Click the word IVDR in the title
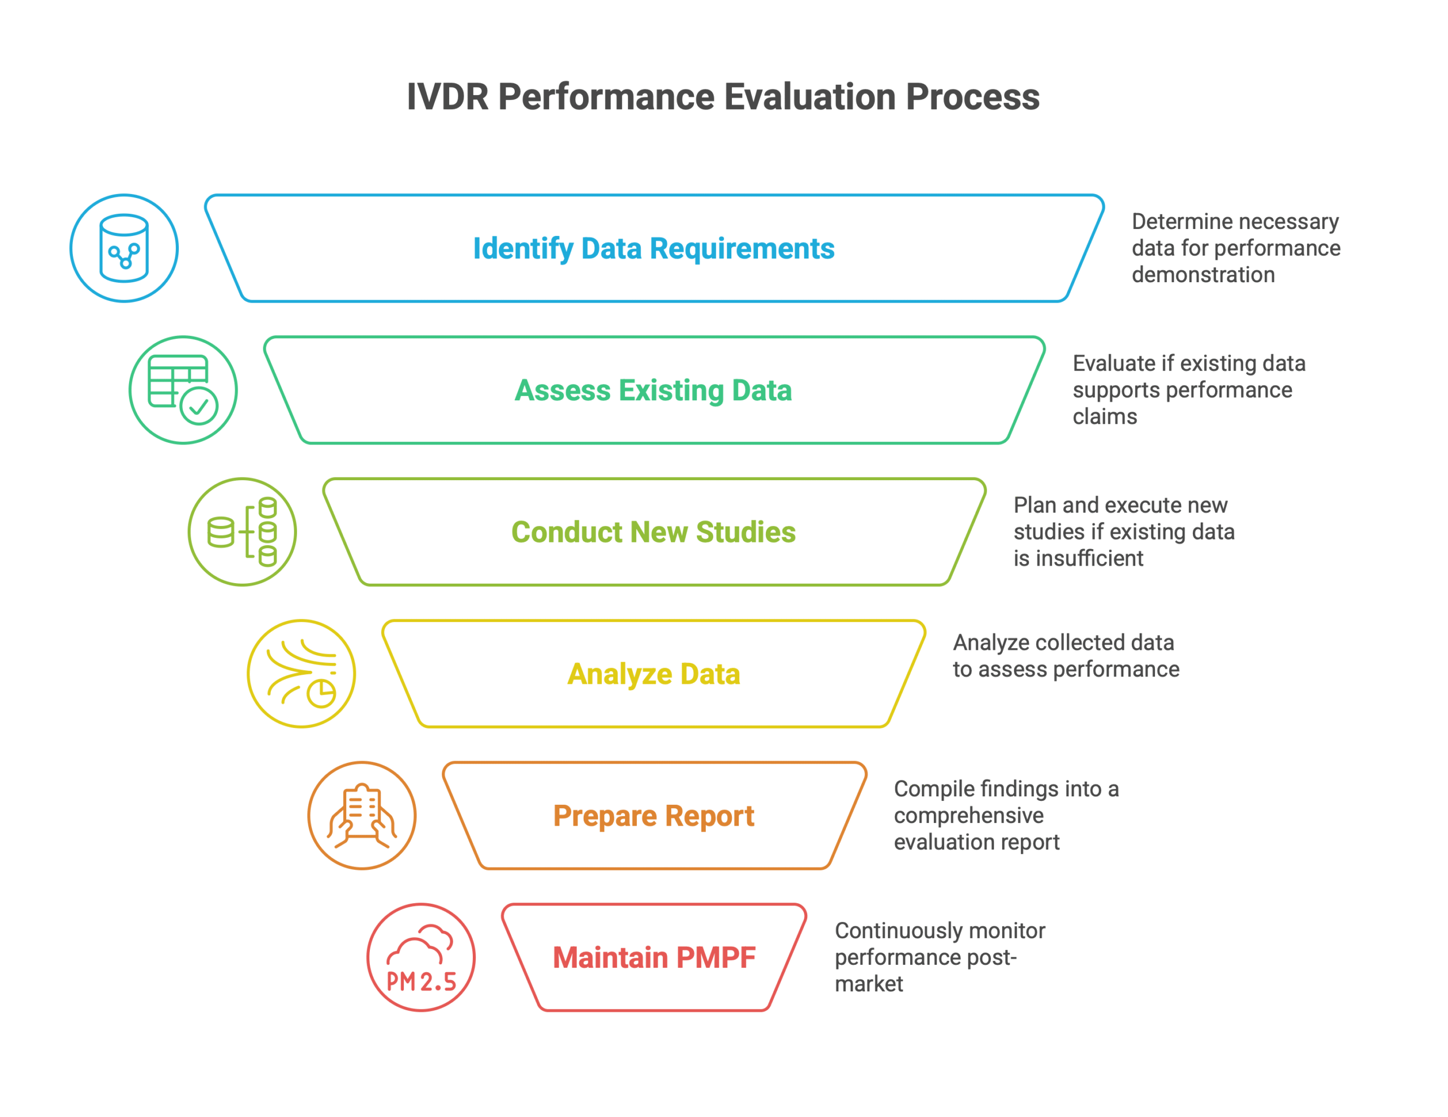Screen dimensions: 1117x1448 tap(447, 97)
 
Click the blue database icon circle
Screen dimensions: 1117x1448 tap(124, 248)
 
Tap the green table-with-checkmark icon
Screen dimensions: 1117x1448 tap(183, 390)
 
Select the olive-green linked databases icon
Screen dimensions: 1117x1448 tap(242, 532)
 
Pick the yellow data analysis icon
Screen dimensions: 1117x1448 tap(301, 674)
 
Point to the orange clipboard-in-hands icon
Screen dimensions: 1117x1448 tap(362, 816)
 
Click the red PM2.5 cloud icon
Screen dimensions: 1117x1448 tap(421, 958)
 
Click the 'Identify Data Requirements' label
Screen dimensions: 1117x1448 tap(654, 249)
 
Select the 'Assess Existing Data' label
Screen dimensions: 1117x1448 tap(654, 390)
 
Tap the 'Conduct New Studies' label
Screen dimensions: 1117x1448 tap(654, 532)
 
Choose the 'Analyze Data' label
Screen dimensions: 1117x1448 tap(654, 674)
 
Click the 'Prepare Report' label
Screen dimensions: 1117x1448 tap(654, 816)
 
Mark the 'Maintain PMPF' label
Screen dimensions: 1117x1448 tap(654, 958)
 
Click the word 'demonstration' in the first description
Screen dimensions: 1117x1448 tap(1203, 274)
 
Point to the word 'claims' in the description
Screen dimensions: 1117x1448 tap(1105, 416)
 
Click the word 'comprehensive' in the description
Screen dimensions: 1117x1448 tap(969, 816)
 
